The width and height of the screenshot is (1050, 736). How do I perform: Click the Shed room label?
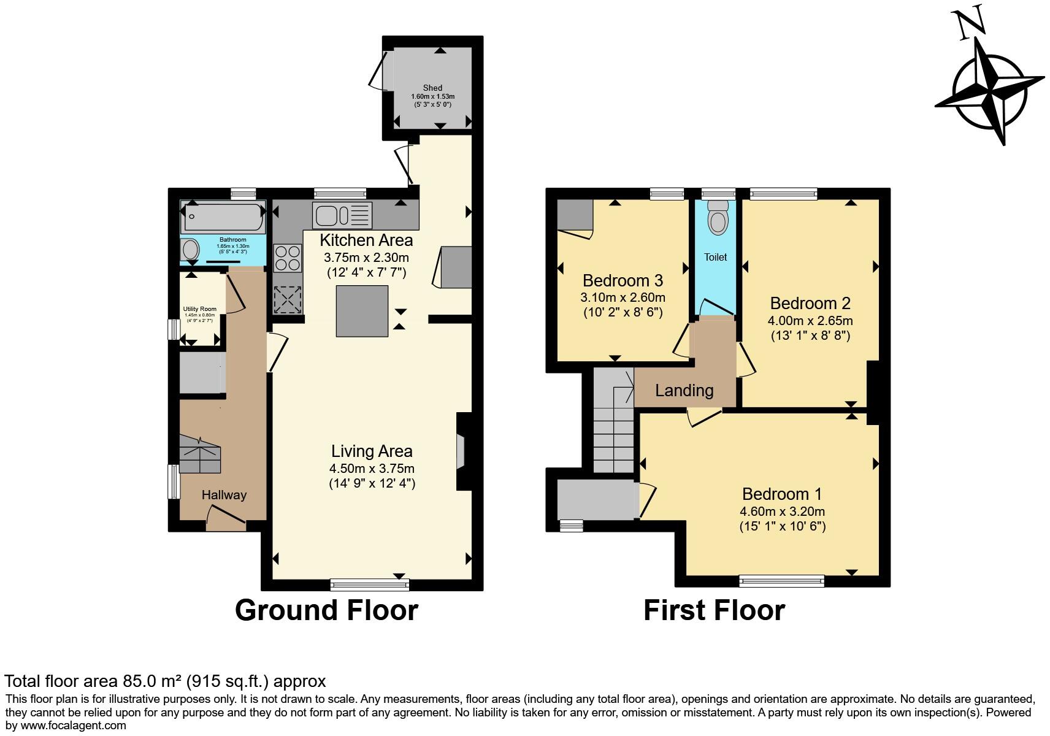point(432,88)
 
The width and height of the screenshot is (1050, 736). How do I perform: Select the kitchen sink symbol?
point(342,215)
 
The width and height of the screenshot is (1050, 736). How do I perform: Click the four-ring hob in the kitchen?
point(288,258)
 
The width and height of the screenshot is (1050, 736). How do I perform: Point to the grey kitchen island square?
point(362,311)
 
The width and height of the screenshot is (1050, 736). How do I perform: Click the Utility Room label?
point(199,309)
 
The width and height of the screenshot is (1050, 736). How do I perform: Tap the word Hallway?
point(224,495)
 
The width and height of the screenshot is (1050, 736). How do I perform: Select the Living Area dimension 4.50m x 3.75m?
point(372,469)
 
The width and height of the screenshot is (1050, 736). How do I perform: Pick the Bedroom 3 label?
point(623,281)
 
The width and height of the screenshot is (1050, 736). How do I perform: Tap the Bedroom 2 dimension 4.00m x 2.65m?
point(810,321)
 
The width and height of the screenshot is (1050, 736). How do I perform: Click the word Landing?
point(684,391)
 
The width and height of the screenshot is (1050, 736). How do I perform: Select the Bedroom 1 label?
point(782,494)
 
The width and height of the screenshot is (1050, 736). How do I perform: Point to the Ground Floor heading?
point(326,610)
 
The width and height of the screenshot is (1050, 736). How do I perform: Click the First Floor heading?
point(714,610)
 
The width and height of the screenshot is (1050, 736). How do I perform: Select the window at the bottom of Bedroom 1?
point(781,580)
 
